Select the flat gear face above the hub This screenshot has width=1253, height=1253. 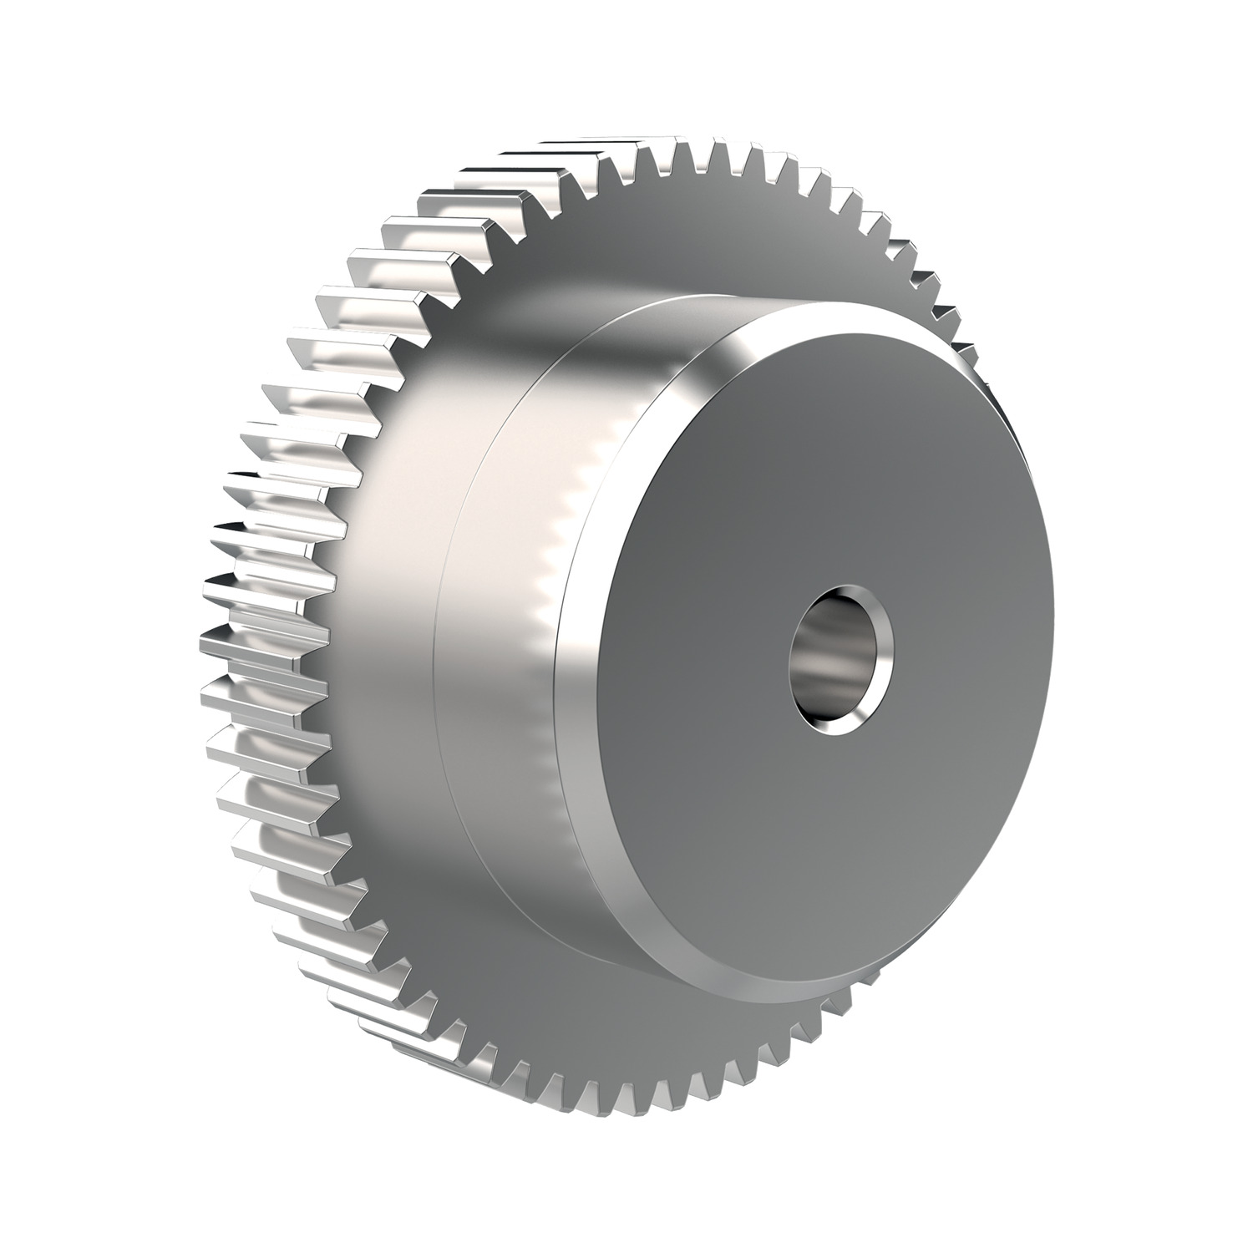[x=668, y=242]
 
